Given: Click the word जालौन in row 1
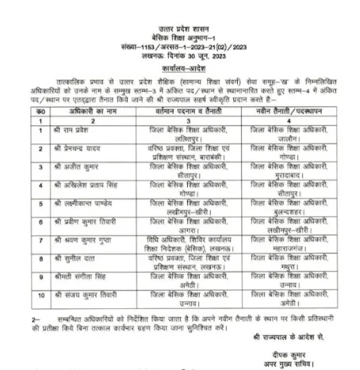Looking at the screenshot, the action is click(x=288, y=136).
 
